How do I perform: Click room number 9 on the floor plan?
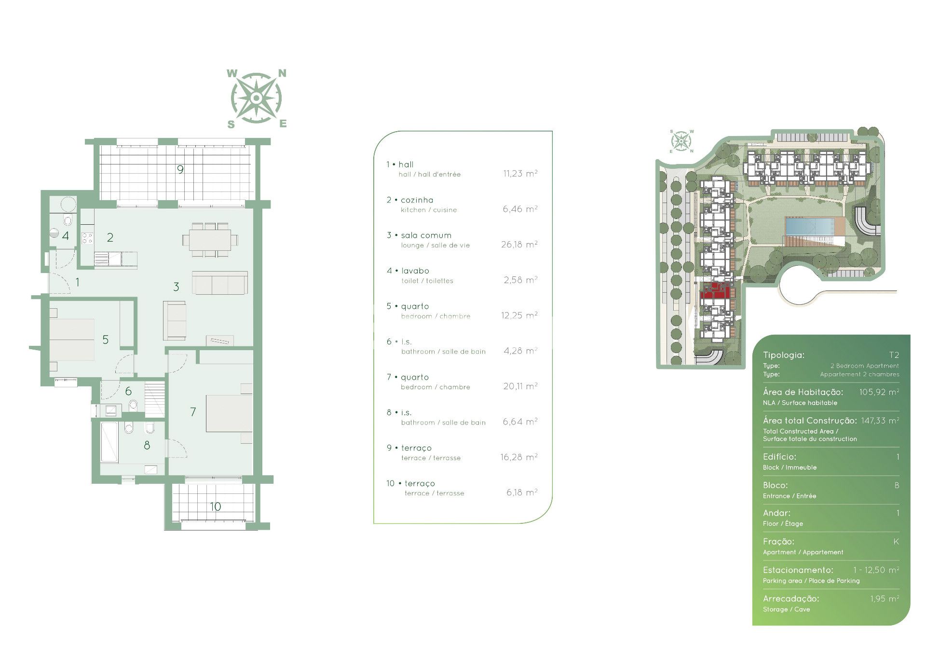(x=180, y=169)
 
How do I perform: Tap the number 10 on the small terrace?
(x=215, y=506)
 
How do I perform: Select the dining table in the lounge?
(x=210, y=240)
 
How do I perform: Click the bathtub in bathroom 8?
(x=109, y=442)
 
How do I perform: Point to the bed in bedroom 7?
(x=229, y=413)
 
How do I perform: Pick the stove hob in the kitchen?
(x=87, y=238)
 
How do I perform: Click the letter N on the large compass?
(x=282, y=73)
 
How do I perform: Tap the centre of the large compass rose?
(x=256, y=98)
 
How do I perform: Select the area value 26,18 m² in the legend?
(x=519, y=245)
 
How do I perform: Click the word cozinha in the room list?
(x=417, y=200)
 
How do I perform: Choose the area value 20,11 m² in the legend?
(x=520, y=386)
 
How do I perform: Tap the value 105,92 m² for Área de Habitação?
(x=879, y=392)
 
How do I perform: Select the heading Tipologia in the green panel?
(x=784, y=355)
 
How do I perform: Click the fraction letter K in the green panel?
(x=896, y=542)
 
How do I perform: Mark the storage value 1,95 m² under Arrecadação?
(x=885, y=599)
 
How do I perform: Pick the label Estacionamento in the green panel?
(x=798, y=570)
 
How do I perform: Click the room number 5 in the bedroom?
(x=105, y=340)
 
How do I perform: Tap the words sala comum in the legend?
(x=426, y=235)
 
